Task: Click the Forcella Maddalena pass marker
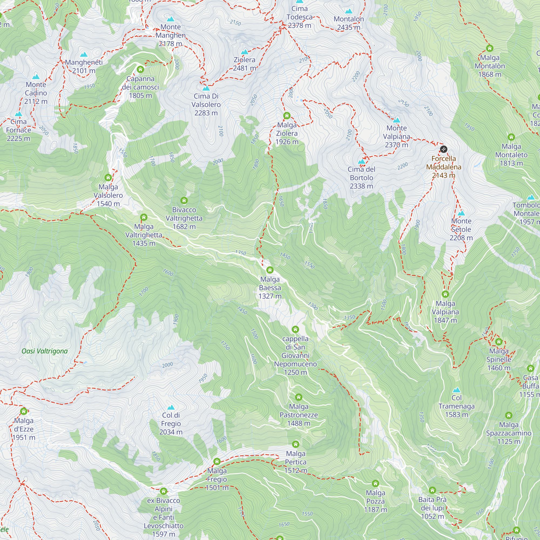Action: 443,149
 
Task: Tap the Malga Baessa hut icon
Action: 270,270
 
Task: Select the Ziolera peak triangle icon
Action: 245,52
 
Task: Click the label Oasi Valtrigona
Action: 45,351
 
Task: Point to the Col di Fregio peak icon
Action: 171,407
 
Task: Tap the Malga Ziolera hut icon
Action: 287,116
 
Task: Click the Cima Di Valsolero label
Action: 206,104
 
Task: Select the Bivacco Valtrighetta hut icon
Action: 184,200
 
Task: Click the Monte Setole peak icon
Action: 461,213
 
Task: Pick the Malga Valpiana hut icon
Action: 445,294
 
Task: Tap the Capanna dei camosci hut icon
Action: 140,69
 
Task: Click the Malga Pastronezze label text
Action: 299,415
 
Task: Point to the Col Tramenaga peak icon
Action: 456,390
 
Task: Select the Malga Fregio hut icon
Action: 217,461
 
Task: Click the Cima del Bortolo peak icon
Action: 362,161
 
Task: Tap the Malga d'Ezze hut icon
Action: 24,411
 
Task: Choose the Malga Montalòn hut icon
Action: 490,48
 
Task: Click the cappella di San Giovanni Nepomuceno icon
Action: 295,329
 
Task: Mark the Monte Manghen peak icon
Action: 170,19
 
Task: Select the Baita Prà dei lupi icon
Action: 432,490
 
